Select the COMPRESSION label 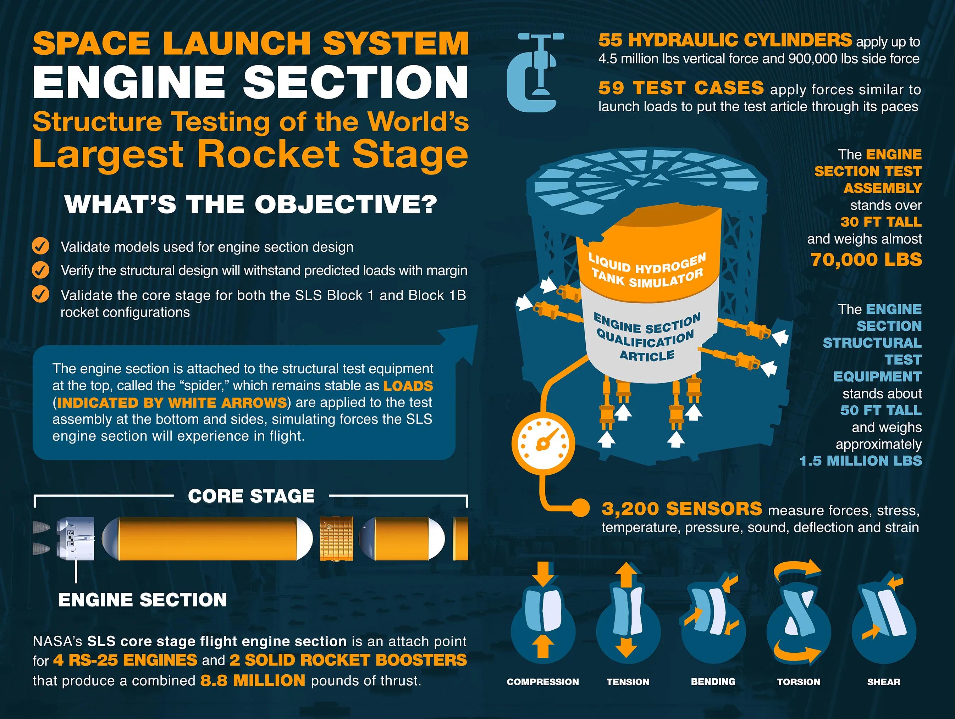(543, 682)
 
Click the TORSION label (798, 682)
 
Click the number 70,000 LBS (866, 260)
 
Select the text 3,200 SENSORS (682, 509)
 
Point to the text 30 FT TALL (881, 222)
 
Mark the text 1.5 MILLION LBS (860, 461)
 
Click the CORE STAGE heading (251, 496)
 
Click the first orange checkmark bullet (40, 246)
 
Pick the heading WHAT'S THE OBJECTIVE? (251, 204)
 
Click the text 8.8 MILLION (253, 681)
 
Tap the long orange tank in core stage (207, 539)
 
